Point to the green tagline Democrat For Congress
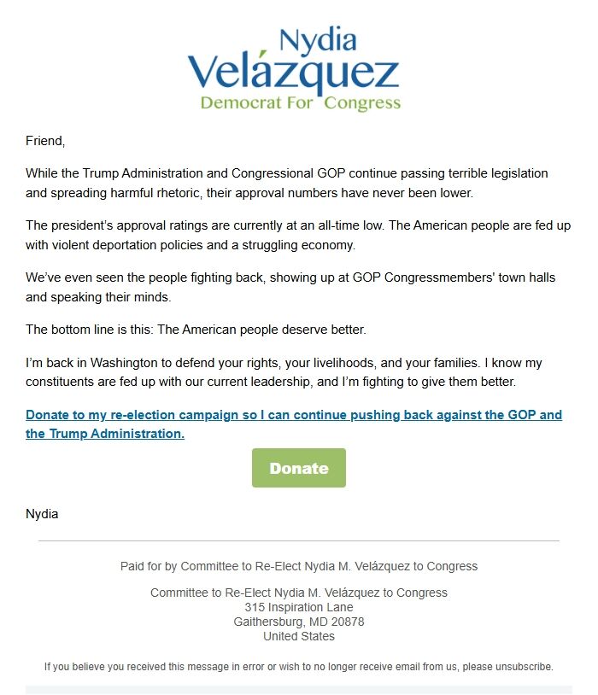point(300,103)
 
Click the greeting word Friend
point(44,140)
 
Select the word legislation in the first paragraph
point(511,173)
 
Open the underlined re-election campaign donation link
point(294,416)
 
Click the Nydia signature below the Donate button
point(42,514)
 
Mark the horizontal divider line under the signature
point(299,540)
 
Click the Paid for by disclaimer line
point(299,566)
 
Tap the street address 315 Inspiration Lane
point(299,607)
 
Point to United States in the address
point(299,636)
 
